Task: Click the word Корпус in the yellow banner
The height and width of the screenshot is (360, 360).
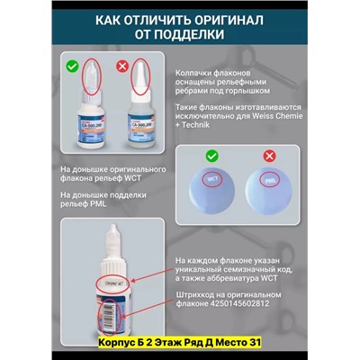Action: tap(119, 349)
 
